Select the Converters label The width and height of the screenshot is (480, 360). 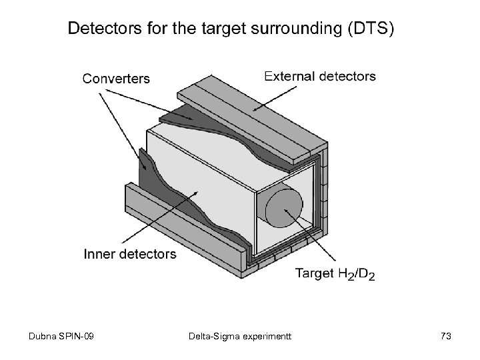[x=116, y=79]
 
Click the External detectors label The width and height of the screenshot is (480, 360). [x=320, y=76]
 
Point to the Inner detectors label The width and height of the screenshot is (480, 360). [x=130, y=253]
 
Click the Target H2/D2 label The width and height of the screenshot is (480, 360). [x=335, y=273]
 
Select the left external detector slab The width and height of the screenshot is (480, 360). [x=180, y=220]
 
